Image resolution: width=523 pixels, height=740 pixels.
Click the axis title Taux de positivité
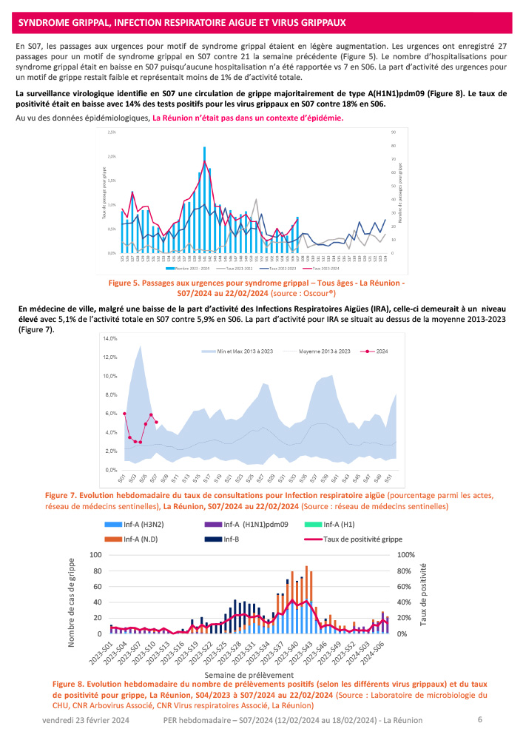428,594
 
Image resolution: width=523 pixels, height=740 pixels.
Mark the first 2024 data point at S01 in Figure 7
125,413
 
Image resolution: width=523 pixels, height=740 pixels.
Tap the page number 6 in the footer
480,719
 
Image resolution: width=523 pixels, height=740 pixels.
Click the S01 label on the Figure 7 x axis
125,478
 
